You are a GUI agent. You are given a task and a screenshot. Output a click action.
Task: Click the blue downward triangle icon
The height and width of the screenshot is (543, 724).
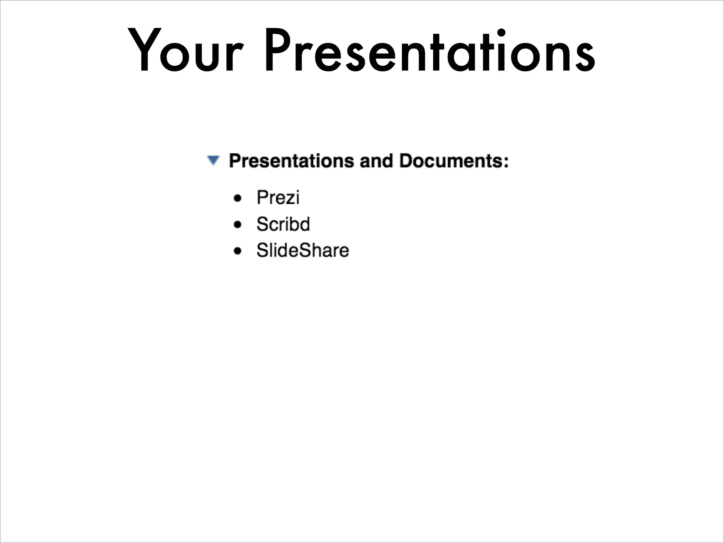[x=213, y=160]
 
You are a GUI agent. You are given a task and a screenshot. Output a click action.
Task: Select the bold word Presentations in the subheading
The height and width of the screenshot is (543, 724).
[x=291, y=161]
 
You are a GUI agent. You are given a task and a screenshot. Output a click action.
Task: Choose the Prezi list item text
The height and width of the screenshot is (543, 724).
[x=278, y=198]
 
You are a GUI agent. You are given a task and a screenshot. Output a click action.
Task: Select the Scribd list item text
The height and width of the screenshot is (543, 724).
[x=283, y=224]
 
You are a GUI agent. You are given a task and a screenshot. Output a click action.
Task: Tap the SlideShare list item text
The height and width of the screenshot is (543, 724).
[x=303, y=251]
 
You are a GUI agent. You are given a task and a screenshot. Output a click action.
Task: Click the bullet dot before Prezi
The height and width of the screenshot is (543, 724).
[x=238, y=198]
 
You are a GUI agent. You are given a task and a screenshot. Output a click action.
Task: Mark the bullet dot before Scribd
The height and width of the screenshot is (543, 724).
[x=238, y=225]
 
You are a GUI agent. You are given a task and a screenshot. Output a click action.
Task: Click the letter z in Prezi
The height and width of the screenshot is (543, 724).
[x=289, y=199]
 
